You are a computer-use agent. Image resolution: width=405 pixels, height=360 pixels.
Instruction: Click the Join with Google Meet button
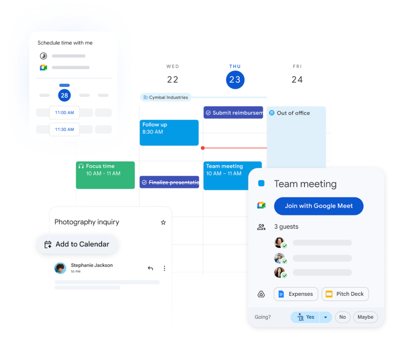click(x=318, y=206)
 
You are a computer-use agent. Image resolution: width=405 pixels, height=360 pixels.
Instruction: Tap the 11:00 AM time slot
click(x=64, y=113)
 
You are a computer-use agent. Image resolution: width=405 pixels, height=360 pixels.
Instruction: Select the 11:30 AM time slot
click(x=64, y=129)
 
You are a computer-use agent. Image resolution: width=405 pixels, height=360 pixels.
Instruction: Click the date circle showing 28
click(x=64, y=95)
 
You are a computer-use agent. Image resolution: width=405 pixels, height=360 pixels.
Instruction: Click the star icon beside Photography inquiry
click(x=163, y=222)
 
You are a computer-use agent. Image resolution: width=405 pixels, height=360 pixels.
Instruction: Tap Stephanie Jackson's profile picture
click(x=60, y=268)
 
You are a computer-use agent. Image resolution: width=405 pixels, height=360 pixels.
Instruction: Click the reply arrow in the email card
click(x=150, y=268)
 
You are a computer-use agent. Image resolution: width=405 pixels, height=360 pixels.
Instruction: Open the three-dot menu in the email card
click(x=165, y=268)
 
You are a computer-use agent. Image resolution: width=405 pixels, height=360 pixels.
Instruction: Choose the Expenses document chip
click(x=296, y=294)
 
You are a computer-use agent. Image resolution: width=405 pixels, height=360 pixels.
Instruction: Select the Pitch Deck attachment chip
click(x=345, y=294)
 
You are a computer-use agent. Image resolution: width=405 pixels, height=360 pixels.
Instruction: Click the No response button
click(x=343, y=317)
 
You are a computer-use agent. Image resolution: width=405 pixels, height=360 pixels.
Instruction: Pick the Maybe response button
click(x=365, y=317)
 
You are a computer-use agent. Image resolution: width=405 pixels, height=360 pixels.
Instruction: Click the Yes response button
click(x=305, y=317)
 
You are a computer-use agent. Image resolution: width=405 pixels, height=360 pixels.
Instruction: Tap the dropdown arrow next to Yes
click(x=326, y=317)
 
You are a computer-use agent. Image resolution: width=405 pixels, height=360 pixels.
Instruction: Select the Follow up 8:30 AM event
click(x=170, y=138)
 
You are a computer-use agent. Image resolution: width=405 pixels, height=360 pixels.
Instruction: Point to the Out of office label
click(x=293, y=113)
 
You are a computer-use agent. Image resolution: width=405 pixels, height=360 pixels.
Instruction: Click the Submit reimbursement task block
click(x=234, y=118)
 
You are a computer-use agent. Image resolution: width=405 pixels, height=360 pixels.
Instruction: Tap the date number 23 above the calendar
click(x=235, y=80)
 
